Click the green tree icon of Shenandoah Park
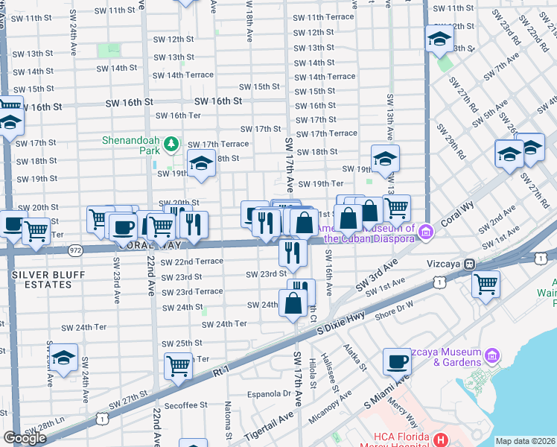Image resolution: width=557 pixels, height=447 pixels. click(171, 142)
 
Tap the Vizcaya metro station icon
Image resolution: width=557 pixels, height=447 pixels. click(469, 264)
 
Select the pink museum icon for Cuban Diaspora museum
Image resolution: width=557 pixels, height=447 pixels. click(425, 232)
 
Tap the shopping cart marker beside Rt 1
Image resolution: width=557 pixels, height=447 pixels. click(179, 365)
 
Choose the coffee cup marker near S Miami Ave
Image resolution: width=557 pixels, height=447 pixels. click(397, 361)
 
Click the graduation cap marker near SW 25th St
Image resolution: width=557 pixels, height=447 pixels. click(64, 358)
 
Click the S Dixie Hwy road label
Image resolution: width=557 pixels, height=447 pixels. click(342, 320)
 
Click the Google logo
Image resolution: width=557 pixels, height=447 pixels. click(25, 438)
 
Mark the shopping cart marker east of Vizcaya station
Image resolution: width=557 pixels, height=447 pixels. click(486, 283)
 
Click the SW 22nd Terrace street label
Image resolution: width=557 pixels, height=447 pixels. click(192, 261)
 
